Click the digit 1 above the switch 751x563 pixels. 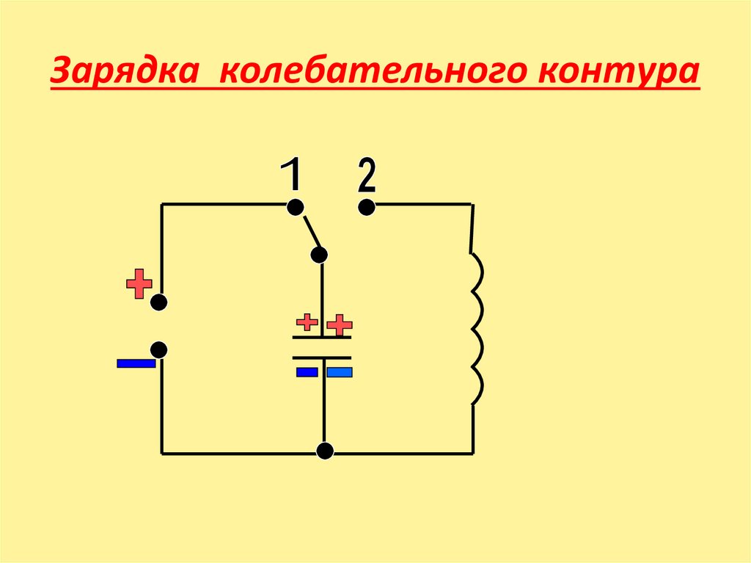[x=291, y=177]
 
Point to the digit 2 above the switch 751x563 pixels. [x=366, y=177]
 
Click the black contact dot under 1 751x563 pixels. [x=295, y=208]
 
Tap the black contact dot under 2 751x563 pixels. [x=367, y=208]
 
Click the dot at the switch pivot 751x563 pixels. [x=319, y=255]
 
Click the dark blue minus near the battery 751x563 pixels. [x=136, y=363]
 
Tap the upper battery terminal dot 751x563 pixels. [x=159, y=302]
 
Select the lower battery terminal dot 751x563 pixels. [x=159, y=350]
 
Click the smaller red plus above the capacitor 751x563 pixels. [x=307, y=322]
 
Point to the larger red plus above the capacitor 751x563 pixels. [x=340, y=324]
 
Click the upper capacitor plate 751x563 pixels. [x=322, y=337]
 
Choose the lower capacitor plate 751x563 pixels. [x=322, y=357]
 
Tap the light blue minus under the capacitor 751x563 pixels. [x=340, y=373]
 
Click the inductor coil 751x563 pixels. [x=477, y=329]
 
